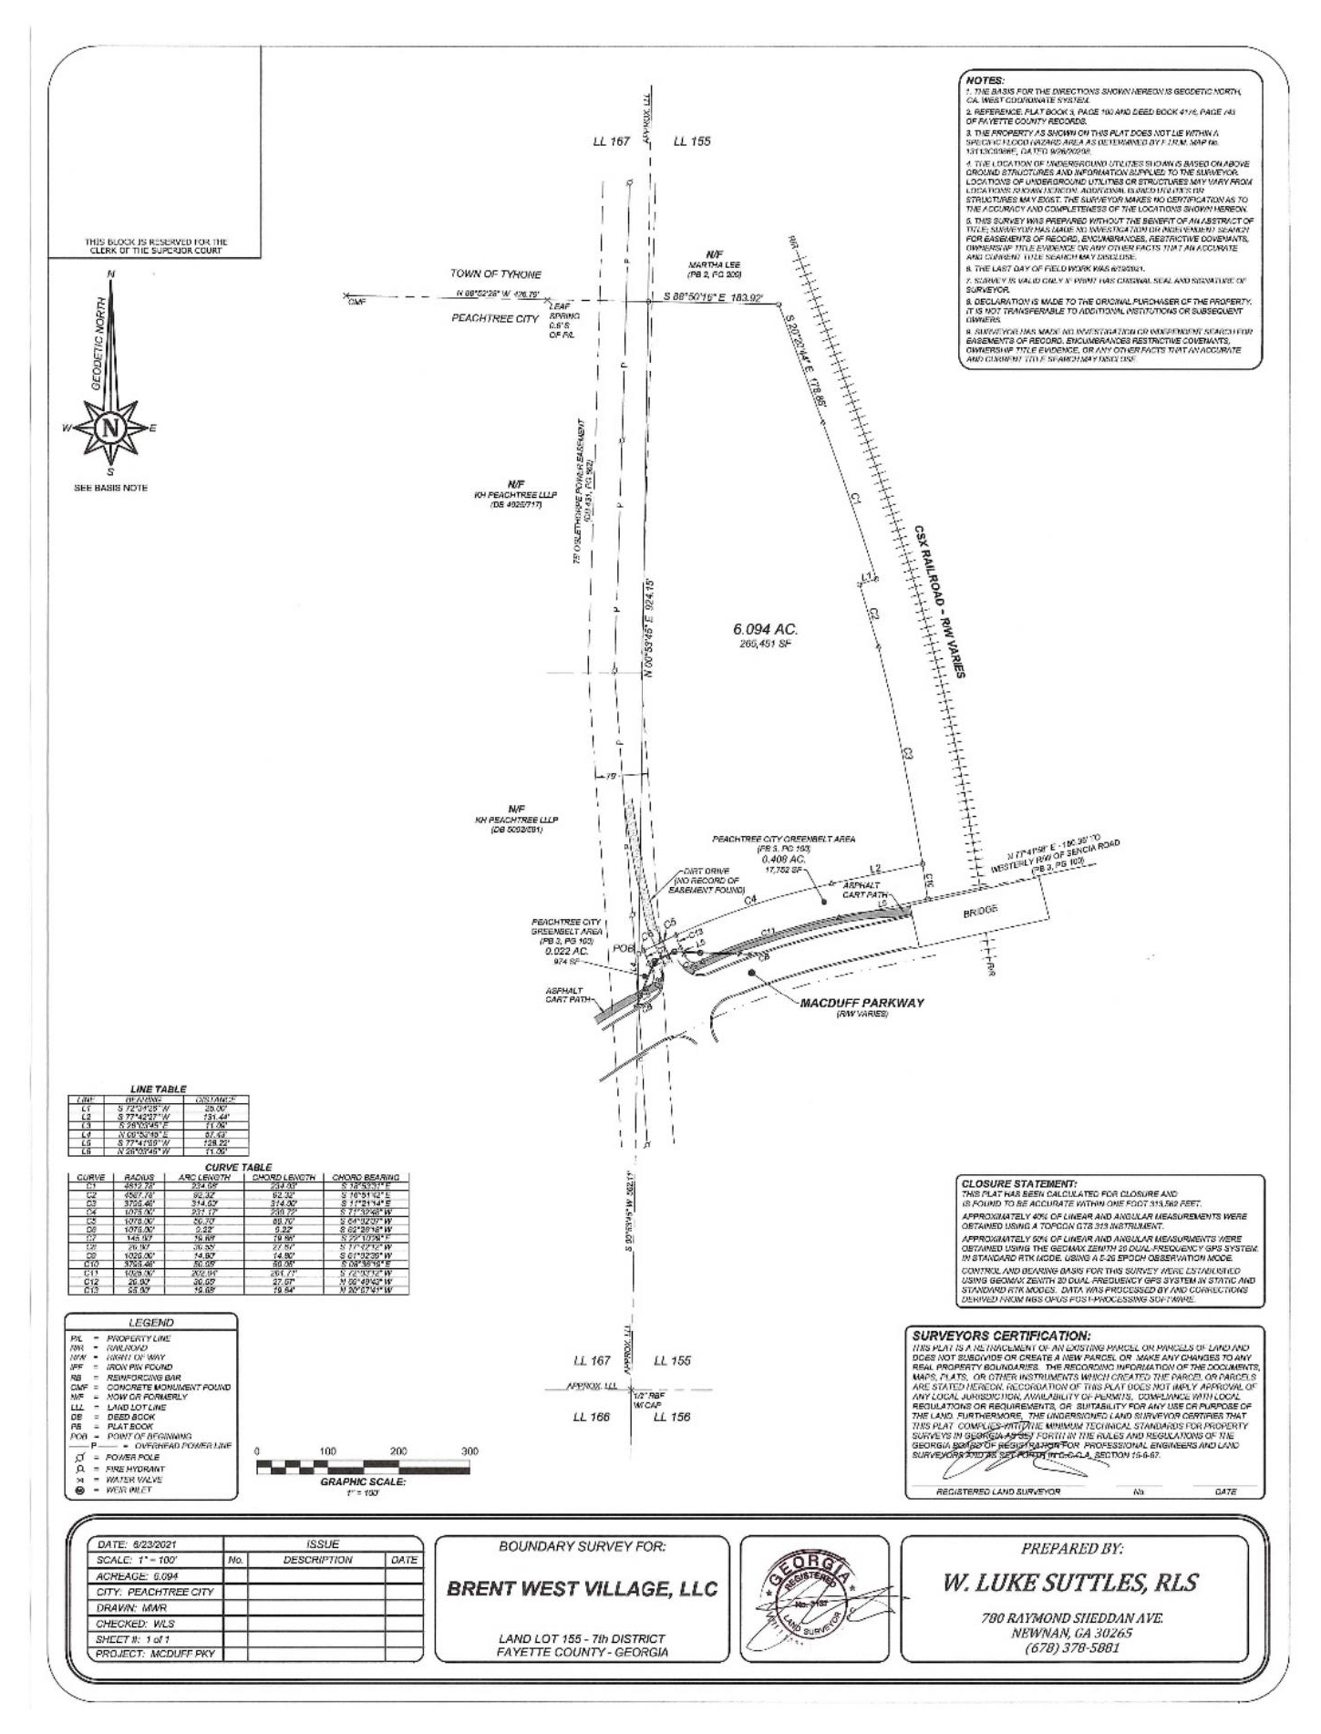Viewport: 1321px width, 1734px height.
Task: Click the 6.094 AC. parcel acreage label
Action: tap(765, 629)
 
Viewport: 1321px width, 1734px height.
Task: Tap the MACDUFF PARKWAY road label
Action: tap(862, 1003)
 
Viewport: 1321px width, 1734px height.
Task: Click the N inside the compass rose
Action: tap(111, 427)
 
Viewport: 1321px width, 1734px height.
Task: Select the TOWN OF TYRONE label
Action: tap(495, 274)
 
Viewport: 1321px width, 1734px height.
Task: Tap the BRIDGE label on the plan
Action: tap(979, 910)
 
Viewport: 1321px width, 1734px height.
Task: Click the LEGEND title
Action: tap(153, 1322)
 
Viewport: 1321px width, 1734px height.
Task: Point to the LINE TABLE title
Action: tap(159, 1089)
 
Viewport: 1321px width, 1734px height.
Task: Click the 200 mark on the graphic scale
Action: tap(397, 1450)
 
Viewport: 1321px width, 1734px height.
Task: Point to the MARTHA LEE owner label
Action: tap(714, 264)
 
